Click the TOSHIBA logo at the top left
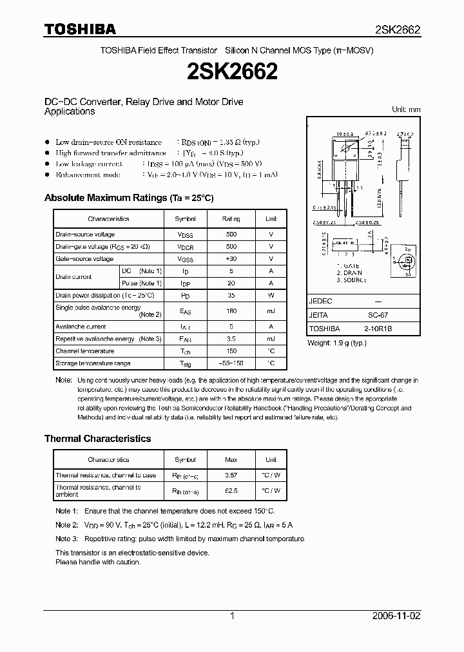point(79,29)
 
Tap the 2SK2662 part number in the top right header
point(398,30)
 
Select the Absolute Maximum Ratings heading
point(128,198)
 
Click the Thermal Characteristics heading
point(97,438)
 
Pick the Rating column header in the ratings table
point(231,219)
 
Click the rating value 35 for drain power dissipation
point(231,295)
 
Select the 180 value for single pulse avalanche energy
point(231,311)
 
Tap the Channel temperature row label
point(84,351)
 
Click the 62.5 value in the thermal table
point(231,490)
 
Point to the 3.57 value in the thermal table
point(231,475)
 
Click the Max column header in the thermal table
point(231,459)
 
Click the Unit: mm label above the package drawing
point(405,110)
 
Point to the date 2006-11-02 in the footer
point(396,616)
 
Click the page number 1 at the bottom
point(232,616)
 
